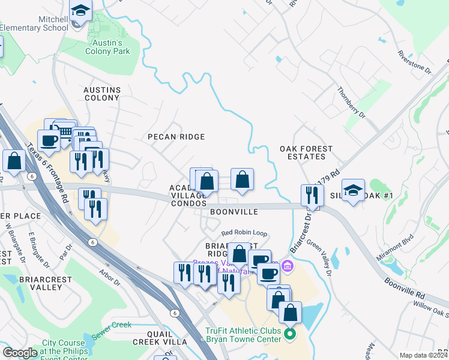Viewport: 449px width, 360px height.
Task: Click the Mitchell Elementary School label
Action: [x=34, y=23]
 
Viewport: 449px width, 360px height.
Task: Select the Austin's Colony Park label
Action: [x=111, y=47]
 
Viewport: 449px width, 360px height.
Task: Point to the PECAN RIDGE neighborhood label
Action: [x=176, y=137]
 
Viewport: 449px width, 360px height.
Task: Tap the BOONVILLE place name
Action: [x=234, y=212]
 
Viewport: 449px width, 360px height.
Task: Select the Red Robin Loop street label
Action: [x=243, y=233]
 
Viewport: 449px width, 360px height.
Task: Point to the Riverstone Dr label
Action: [x=415, y=62]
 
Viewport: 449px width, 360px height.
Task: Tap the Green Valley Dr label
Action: [x=319, y=259]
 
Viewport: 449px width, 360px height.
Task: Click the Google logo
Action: [x=20, y=353]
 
